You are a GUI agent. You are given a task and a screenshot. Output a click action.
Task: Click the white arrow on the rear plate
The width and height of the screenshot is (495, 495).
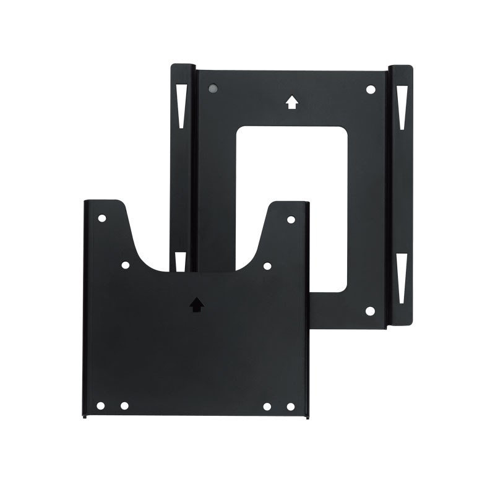[x=291, y=103]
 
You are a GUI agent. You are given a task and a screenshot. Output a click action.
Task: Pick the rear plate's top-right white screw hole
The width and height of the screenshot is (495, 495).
[x=370, y=90]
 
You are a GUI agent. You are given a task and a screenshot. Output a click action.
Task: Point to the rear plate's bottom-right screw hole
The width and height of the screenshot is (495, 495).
[x=370, y=311]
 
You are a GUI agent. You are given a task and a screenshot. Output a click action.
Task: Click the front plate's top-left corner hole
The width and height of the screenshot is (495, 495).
[x=102, y=219]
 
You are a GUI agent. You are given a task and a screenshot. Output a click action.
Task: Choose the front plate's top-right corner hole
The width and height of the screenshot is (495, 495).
[x=291, y=219]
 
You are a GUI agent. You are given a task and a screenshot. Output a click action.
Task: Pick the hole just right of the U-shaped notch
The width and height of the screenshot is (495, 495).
[x=267, y=265]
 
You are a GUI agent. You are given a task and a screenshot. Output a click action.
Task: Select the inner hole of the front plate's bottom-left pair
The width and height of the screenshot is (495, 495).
[x=124, y=406]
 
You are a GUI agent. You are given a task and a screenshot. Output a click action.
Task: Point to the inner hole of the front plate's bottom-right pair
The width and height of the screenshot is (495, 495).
[x=267, y=407]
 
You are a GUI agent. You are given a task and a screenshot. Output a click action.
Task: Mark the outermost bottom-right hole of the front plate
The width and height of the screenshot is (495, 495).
[x=291, y=407]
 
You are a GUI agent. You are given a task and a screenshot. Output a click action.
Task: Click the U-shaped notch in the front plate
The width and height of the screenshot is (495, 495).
[x=197, y=241]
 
